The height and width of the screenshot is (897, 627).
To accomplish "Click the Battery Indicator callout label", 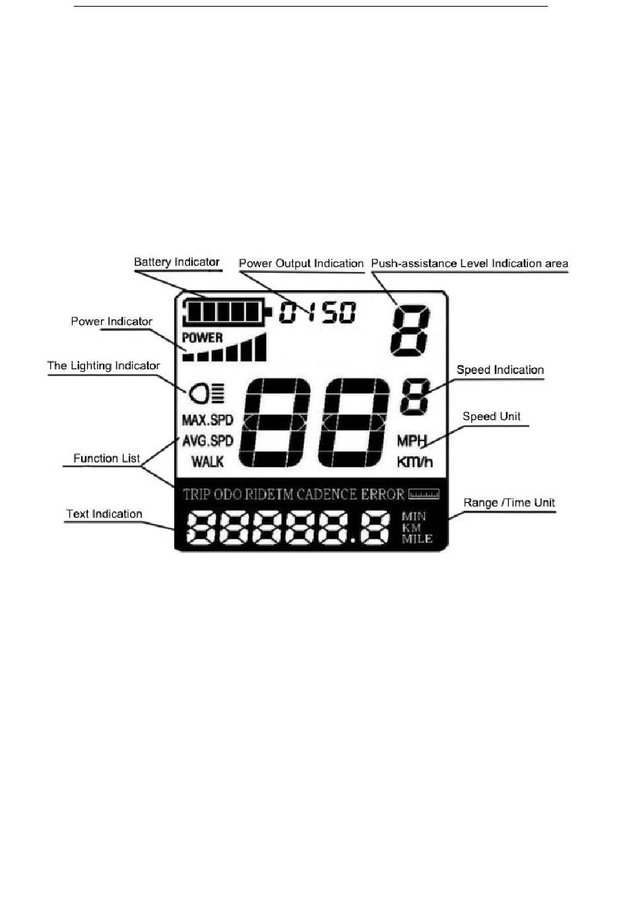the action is (x=176, y=262).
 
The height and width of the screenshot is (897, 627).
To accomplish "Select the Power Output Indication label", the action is (x=301, y=263).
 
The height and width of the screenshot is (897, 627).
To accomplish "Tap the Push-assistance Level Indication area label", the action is (x=469, y=263).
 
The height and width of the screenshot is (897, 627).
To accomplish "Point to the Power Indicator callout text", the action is (x=112, y=321).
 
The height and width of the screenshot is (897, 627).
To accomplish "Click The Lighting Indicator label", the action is (x=104, y=365).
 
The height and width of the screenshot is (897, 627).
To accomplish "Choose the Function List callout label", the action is (x=106, y=458).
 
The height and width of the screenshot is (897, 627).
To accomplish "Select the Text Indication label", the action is (x=104, y=514).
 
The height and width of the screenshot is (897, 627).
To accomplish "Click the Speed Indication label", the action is (x=500, y=369).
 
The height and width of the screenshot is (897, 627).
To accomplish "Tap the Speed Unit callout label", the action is (x=491, y=416).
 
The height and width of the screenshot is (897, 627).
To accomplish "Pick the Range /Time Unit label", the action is (x=509, y=503).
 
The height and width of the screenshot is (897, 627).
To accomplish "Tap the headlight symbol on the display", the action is (x=207, y=394).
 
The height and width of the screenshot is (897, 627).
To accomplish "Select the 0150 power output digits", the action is (x=317, y=312).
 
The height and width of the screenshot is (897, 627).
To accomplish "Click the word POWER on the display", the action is (x=203, y=338).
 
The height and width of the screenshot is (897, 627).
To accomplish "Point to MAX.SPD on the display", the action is (x=207, y=420).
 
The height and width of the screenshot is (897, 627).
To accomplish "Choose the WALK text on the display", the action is (x=207, y=462).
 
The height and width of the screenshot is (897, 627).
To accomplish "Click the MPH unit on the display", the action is (x=412, y=441).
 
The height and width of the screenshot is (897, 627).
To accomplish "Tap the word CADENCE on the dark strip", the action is (x=327, y=495).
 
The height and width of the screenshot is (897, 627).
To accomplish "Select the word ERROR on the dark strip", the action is (x=382, y=495).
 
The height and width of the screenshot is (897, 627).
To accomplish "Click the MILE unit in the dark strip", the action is (x=417, y=539).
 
